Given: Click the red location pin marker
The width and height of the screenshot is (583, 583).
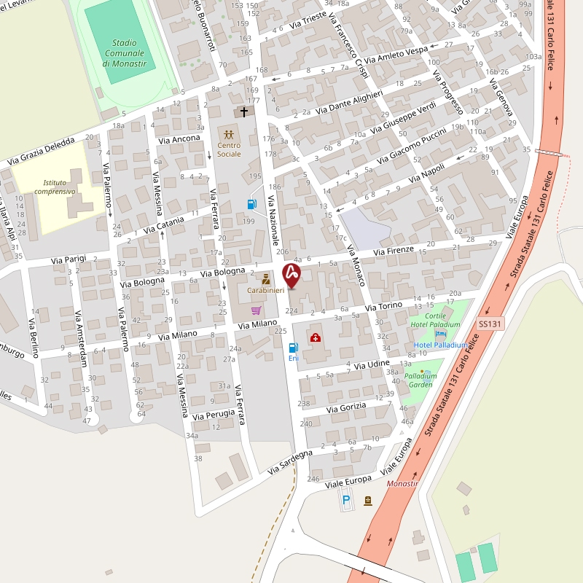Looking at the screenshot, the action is point(291,275).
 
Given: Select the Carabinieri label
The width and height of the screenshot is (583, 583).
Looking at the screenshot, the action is point(265,291).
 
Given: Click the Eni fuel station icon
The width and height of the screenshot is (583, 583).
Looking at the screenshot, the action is point(293,348).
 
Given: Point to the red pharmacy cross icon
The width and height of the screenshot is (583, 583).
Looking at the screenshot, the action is point(316,338).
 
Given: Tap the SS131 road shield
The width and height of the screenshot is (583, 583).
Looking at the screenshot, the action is point(490,324).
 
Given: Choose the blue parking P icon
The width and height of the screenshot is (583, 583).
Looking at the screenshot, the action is point(346,500).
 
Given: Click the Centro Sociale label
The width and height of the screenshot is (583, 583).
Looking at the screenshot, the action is point(229,149).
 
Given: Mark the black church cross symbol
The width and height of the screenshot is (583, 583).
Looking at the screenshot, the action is point(244,112).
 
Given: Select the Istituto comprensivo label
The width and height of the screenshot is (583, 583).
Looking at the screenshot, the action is point(60,187).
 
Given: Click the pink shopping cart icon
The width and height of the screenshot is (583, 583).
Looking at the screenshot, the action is point(256,310).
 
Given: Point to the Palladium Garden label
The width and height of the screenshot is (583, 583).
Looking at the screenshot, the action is point(420,380).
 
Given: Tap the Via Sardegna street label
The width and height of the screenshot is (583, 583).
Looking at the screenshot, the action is point(289,463).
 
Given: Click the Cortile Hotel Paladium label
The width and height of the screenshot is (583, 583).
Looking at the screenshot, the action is point(435,320).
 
